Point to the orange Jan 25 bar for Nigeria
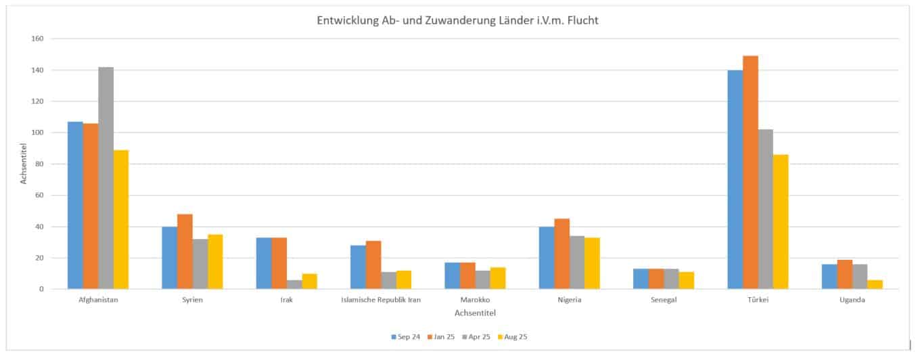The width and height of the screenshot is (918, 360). point(561,254)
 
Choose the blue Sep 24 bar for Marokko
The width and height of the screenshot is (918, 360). point(452,276)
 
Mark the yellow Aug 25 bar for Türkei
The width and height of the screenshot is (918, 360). point(781,222)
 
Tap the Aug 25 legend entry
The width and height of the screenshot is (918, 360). point(512,336)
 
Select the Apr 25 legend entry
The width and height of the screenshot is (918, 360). point(477,336)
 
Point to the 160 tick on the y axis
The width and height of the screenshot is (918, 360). point(37,39)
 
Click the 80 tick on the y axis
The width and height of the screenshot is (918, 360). point(39,164)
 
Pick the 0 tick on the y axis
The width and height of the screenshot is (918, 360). point(41,289)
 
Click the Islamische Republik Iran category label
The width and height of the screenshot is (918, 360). point(382,300)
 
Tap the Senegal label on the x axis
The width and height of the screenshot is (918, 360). point(664,300)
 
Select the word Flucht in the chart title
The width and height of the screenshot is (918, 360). point(582,20)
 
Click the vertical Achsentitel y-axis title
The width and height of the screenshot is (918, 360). point(23,164)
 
